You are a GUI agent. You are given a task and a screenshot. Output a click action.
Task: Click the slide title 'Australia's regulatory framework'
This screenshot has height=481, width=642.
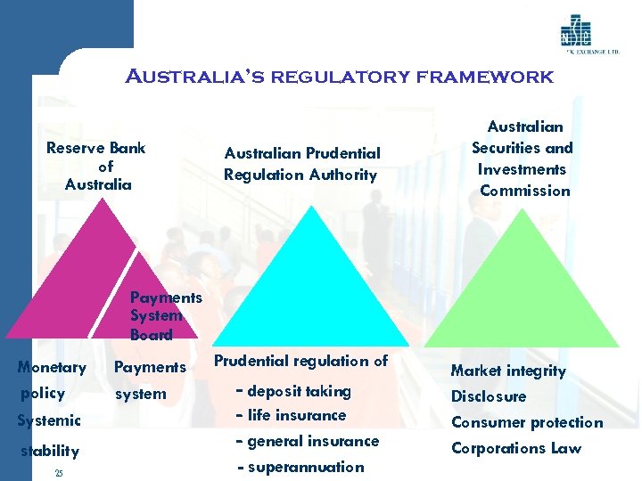click(x=339, y=77)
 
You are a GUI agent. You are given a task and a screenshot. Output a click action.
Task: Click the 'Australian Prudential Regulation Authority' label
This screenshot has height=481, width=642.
click(x=301, y=164)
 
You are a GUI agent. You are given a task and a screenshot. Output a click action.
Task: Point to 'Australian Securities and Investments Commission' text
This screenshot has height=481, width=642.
click(x=523, y=159)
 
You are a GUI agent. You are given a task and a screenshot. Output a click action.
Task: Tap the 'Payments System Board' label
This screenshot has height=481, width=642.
click(x=165, y=316)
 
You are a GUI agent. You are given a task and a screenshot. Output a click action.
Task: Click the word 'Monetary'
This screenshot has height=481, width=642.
click(x=52, y=367)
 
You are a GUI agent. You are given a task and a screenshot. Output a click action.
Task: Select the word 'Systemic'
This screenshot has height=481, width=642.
click(x=48, y=420)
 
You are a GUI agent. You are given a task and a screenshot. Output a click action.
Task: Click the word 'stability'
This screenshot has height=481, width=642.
click(x=50, y=451)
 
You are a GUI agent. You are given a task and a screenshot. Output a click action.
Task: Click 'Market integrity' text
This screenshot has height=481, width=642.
click(x=508, y=371)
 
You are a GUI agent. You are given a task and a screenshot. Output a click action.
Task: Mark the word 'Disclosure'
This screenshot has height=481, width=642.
click(x=489, y=396)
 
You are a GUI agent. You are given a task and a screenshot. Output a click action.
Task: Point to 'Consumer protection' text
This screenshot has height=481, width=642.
click(x=527, y=422)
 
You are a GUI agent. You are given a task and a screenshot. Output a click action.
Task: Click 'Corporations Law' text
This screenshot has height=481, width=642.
click(x=516, y=448)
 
